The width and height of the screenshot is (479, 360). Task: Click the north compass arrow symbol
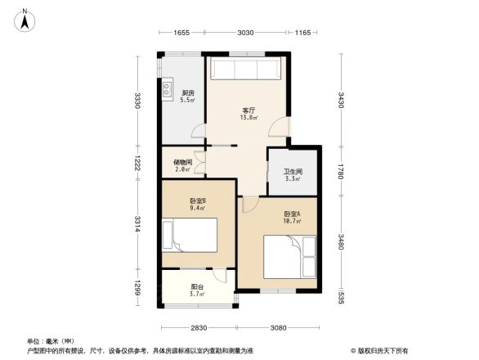(x=27, y=20)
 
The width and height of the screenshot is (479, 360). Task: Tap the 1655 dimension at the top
(x=181, y=33)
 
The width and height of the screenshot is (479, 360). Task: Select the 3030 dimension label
(x=245, y=33)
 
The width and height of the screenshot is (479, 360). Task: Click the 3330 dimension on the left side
(x=139, y=101)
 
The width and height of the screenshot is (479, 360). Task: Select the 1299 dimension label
(x=139, y=288)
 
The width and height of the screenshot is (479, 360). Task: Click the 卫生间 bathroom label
(x=292, y=174)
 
